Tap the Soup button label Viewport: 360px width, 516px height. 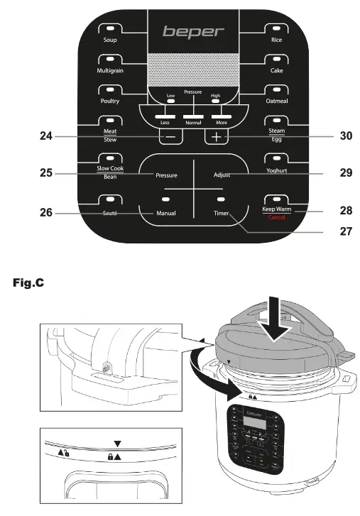[110, 40]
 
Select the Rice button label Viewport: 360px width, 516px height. [276, 40]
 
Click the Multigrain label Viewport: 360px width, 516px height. [110, 71]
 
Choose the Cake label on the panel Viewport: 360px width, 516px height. [276, 71]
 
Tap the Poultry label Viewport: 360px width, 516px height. [110, 101]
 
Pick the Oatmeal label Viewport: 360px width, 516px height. [276, 101]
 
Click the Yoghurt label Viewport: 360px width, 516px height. [276, 172]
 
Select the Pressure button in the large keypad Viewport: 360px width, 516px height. [166, 174]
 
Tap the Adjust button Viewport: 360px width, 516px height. [222, 174]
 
